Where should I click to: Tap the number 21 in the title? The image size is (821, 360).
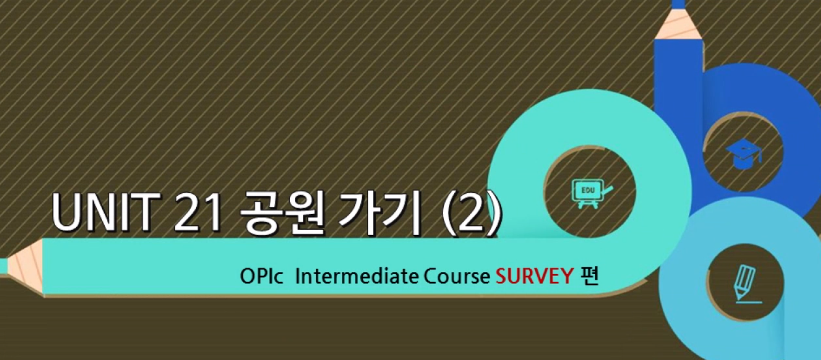(200, 212)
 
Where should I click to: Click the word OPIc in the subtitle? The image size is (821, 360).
(262, 277)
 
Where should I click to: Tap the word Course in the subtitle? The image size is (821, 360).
(456, 277)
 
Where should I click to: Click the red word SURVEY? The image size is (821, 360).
(534, 277)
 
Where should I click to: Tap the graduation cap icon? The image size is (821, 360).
(743, 154)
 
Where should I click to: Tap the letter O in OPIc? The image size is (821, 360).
(247, 277)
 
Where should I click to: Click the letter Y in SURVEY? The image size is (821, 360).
(567, 277)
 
